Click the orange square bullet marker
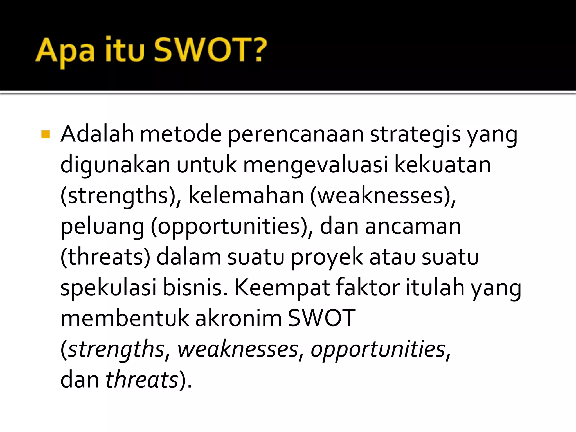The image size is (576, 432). coord(45,134)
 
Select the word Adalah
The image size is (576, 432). coord(97,134)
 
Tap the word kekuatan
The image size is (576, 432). coord(442,165)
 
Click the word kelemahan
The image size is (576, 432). coord(246,196)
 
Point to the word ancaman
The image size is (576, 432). coord(413,227)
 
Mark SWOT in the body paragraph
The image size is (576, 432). coord(322,318)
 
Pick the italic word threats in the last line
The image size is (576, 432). coord(142,380)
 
